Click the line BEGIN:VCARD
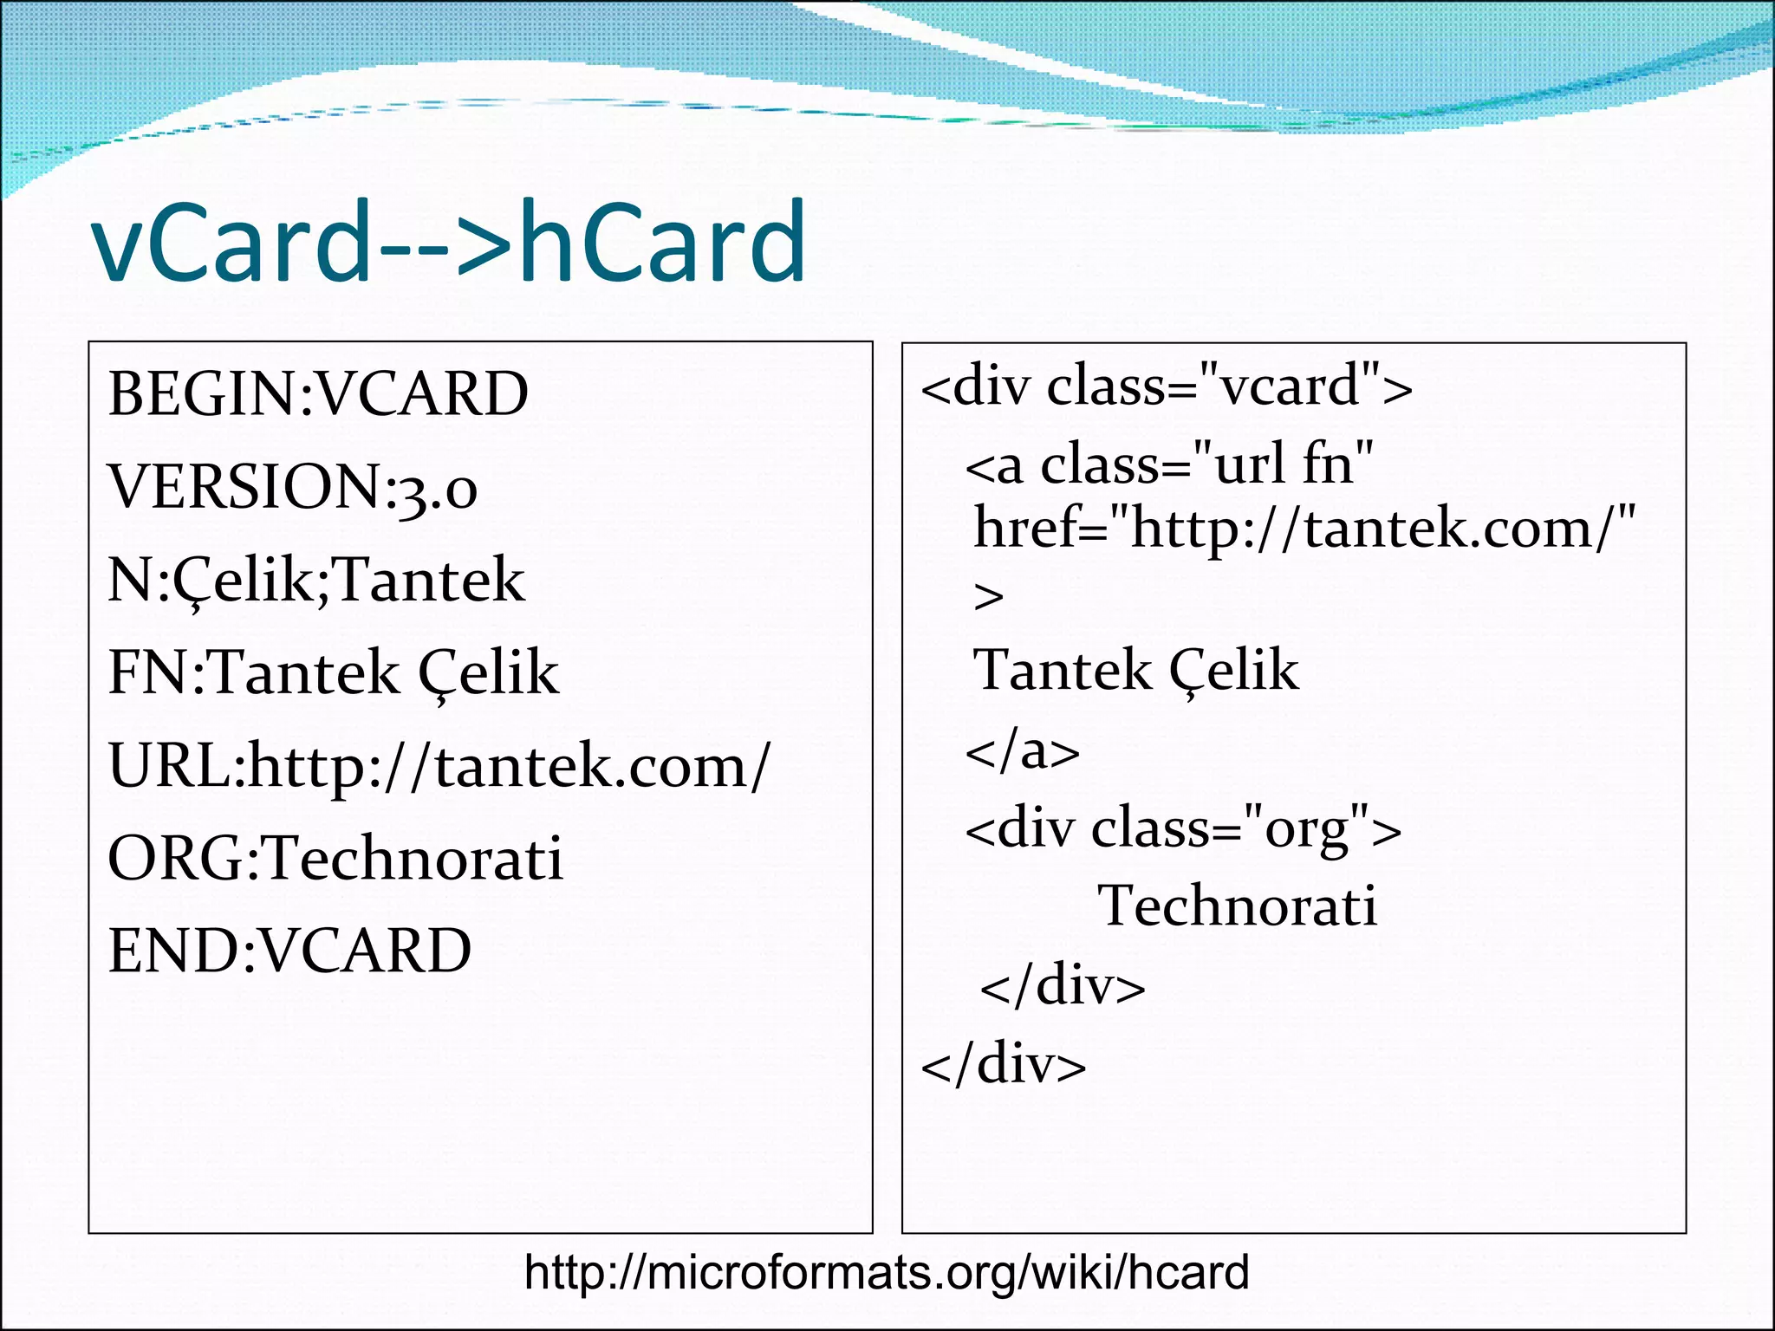click(x=318, y=394)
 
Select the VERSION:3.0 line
click(x=293, y=487)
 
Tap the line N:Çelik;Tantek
click(x=316, y=581)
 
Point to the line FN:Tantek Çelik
click(x=334, y=672)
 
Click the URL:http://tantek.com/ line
click(x=439, y=767)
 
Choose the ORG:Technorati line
click(x=335, y=859)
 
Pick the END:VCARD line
click(x=289, y=951)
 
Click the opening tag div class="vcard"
click(x=1167, y=386)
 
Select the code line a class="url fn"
click(x=1170, y=464)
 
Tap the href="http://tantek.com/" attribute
click(x=1304, y=529)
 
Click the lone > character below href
click(x=989, y=597)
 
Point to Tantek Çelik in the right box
click(x=1136, y=670)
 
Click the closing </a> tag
click(x=1023, y=751)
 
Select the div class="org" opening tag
click(x=1183, y=829)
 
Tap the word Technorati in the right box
click(x=1238, y=906)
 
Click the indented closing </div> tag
click(x=1063, y=986)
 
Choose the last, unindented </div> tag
click(x=1004, y=1065)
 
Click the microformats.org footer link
click(x=887, y=1273)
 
